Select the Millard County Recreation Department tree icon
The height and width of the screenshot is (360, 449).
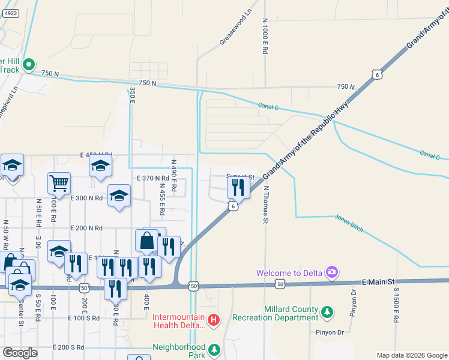tap(327, 312)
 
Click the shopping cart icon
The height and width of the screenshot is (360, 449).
tap(59, 184)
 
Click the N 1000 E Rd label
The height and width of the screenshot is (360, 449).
tap(264, 35)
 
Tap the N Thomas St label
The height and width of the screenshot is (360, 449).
tap(265, 205)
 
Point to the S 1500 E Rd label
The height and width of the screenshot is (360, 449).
tap(396, 306)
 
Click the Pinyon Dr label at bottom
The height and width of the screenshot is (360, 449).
tap(327, 331)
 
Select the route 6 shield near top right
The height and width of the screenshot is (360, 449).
tap(376, 74)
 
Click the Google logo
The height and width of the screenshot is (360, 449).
tap(20, 352)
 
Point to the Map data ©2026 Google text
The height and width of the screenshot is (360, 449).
tap(411, 355)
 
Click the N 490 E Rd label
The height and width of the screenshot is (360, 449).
tap(174, 175)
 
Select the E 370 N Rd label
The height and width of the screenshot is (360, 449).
tap(153, 178)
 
